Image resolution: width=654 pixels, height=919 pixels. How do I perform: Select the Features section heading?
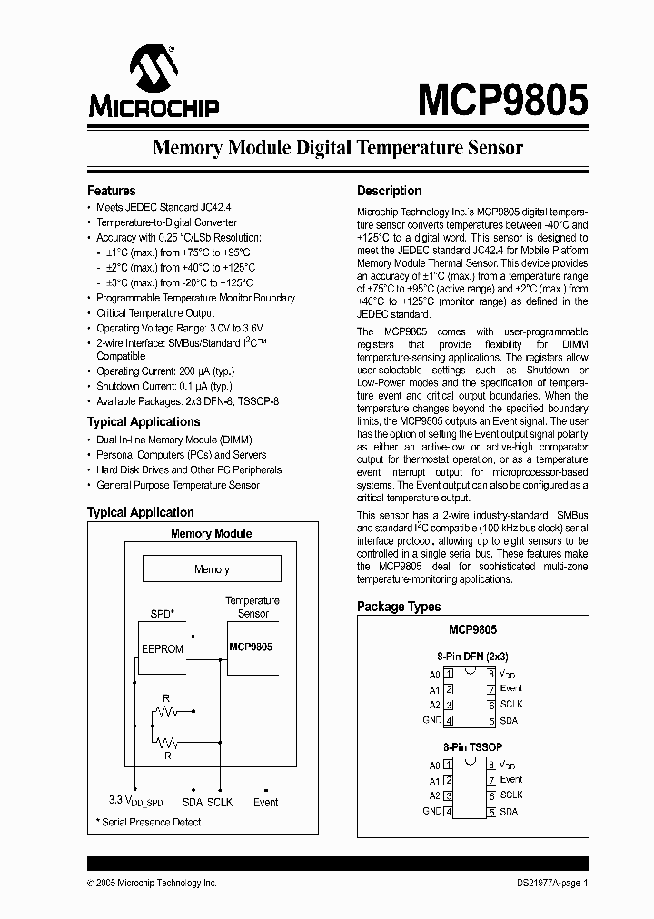(111, 191)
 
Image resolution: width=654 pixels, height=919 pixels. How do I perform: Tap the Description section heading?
(389, 191)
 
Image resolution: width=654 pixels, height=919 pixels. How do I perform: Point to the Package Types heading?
(399, 607)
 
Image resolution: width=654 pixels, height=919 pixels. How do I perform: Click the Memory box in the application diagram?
(212, 569)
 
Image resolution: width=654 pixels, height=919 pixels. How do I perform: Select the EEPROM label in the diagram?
(162, 649)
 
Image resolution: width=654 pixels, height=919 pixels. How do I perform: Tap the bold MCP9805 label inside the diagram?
(251, 647)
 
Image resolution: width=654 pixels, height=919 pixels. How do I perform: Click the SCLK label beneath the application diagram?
(220, 803)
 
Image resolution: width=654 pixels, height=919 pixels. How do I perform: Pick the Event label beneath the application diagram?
(265, 803)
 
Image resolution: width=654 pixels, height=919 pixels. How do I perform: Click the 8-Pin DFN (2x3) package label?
(472, 656)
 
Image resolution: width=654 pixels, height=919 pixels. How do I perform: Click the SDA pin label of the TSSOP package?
(509, 812)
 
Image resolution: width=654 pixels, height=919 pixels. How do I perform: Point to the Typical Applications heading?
(144, 421)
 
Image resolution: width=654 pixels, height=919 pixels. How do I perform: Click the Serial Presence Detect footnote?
(148, 822)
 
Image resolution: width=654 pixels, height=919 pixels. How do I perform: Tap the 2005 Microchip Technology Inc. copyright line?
(152, 883)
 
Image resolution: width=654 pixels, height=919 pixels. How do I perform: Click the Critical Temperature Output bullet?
(155, 313)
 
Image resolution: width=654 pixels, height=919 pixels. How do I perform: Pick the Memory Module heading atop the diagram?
(211, 533)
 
